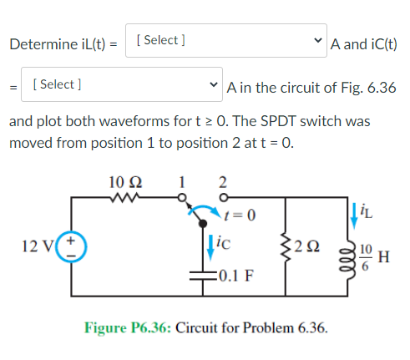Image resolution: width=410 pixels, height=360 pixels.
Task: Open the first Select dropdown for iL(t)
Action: click(226, 40)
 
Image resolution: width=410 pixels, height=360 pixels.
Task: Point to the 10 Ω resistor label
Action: click(125, 180)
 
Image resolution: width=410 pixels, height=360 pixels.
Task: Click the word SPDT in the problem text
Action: click(281, 121)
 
